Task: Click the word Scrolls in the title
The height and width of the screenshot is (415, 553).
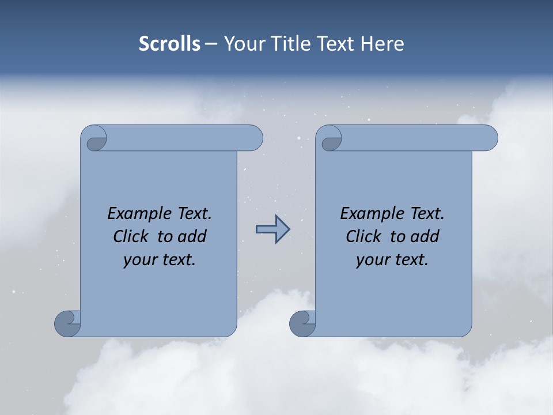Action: pyautogui.click(x=169, y=44)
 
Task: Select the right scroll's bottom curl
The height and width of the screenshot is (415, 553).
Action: pyautogui.click(x=303, y=323)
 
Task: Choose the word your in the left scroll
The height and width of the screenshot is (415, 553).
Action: pyautogui.click(x=139, y=260)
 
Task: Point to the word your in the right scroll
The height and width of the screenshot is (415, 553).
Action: pyautogui.click(x=372, y=260)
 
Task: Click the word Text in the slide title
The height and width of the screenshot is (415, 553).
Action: pyautogui.click(x=335, y=44)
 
